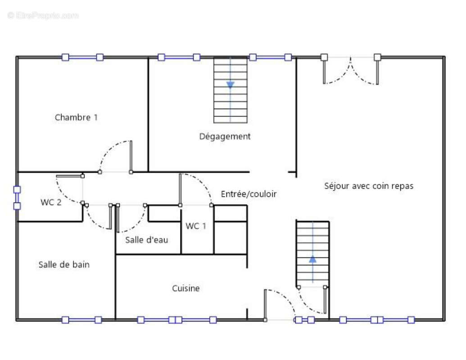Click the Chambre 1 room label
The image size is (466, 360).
click(76, 117)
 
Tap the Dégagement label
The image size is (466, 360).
click(225, 136)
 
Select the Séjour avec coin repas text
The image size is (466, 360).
click(369, 186)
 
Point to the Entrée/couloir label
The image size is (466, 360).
click(249, 194)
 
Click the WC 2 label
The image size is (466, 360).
click(51, 202)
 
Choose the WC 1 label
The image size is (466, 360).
click(196, 226)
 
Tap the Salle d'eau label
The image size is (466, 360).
click(146, 240)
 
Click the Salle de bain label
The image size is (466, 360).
click(64, 265)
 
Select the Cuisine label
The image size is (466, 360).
click(185, 288)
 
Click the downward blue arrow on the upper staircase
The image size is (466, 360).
click(231, 85)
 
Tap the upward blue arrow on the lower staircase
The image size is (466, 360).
click(312, 259)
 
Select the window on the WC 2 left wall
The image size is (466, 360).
click(17, 198)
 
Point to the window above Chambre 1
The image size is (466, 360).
click(82, 57)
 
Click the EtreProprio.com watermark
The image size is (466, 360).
click(43, 16)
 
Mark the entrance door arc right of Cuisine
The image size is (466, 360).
click(283, 300)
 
